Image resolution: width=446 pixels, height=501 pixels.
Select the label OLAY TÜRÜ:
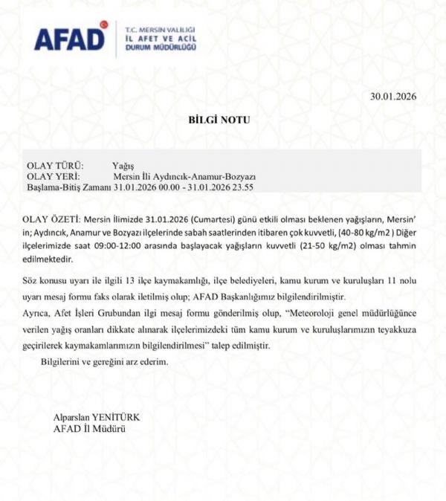pos(56,165)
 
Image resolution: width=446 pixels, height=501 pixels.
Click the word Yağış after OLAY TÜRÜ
pos(123,165)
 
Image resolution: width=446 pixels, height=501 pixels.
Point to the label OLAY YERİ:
pos(54,176)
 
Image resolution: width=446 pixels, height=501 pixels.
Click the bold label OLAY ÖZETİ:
pos(52,221)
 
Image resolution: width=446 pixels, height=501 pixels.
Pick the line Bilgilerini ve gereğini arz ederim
pos(103,361)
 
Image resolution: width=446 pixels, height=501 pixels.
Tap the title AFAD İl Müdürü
pos(89,429)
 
